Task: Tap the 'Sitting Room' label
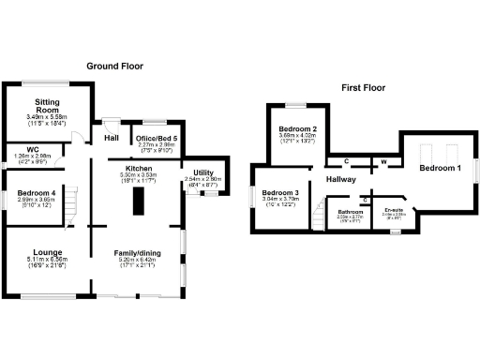(48, 105)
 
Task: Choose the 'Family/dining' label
(137, 252)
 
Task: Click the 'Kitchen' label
(137, 166)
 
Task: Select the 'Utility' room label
(202, 172)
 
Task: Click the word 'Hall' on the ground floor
(111, 139)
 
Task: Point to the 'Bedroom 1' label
(440, 168)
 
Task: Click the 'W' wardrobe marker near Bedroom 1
(383, 161)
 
